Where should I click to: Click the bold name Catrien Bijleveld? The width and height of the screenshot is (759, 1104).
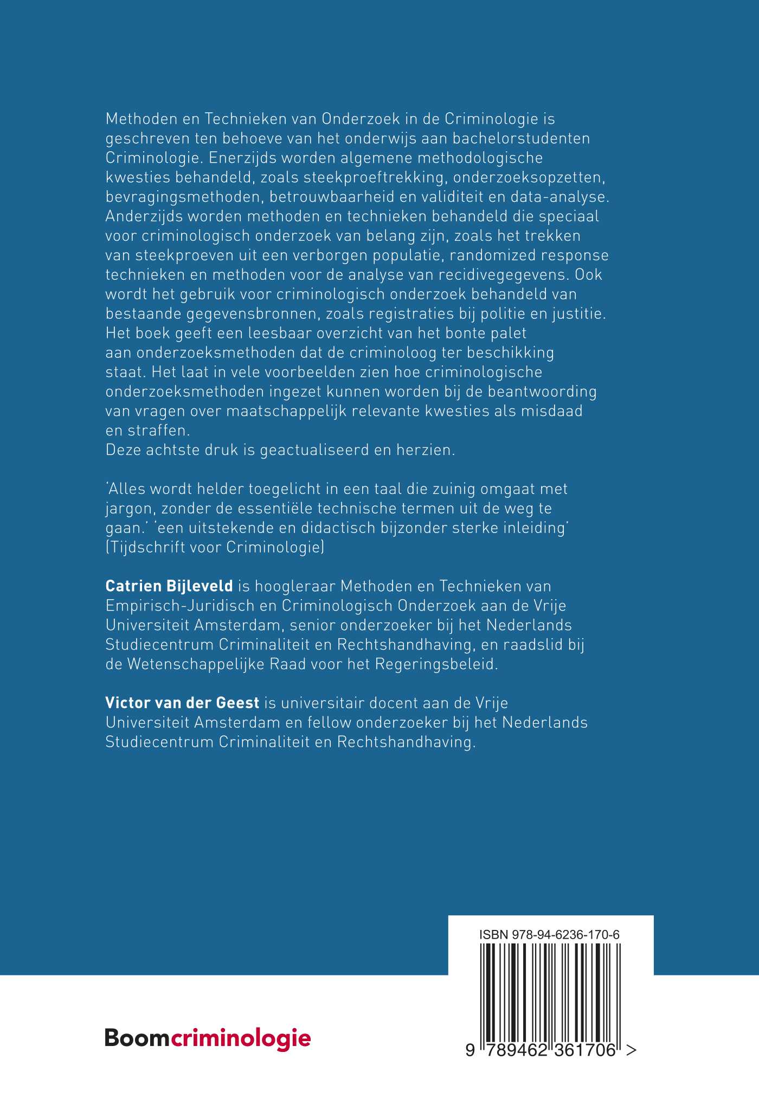(x=169, y=586)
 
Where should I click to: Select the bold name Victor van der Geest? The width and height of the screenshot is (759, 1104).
(x=182, y=703)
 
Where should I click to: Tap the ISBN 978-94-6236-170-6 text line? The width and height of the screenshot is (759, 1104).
(x=549, y=935)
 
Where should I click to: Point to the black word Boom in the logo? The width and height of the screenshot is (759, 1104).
(x=138, y=1038)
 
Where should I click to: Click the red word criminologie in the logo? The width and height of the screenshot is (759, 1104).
(x=241, y=1038)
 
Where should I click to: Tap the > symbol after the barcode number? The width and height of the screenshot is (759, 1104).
(x=631, y=1050)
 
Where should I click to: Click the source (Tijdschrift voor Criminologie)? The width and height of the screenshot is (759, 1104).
(x=215, y=547)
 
